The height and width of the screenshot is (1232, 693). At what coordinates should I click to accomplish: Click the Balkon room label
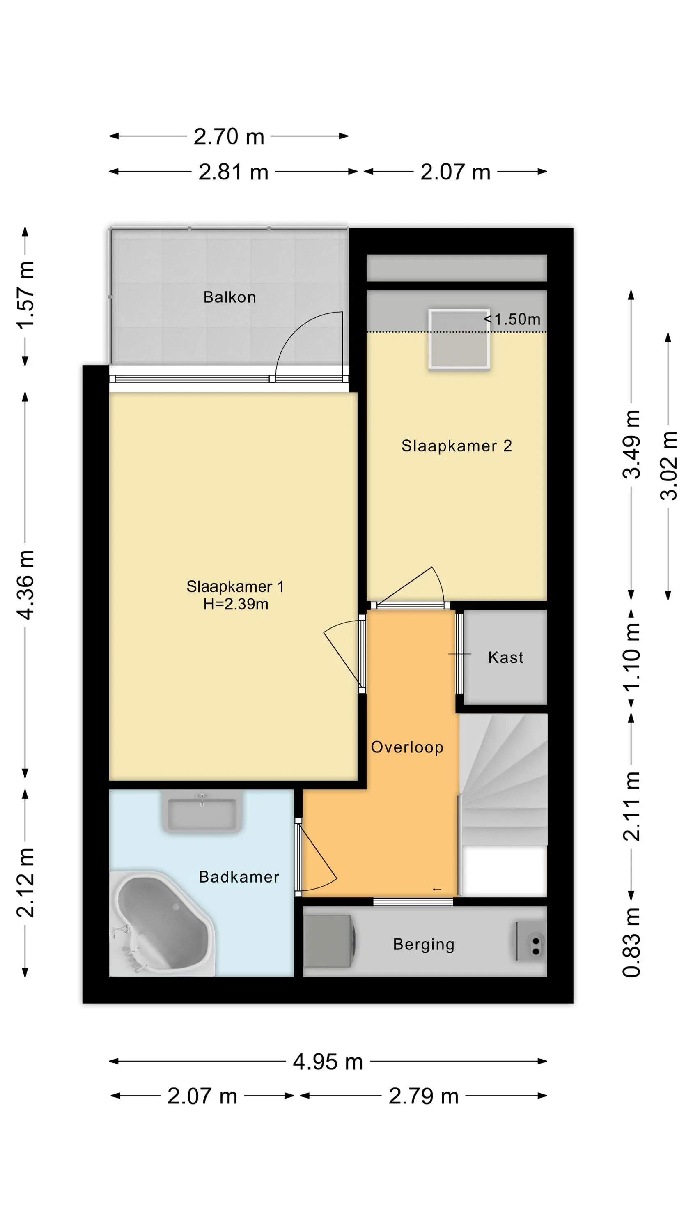pyautogui.click(x=229, y=297)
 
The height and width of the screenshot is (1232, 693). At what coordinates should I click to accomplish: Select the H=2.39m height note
pyautogui.click(x=236, y=604)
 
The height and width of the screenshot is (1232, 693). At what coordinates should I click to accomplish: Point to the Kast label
pyautogui.click(x=505, y=657)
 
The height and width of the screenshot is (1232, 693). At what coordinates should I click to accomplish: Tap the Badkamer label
pyautogui.click(x=239, y=877)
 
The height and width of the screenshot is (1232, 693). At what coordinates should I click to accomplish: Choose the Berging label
pyautogui.click(x=424, y=945)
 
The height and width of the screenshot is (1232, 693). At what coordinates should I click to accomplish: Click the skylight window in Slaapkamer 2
pyautogui.click(x=459, y=340)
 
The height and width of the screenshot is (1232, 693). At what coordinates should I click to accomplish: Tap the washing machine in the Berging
pyautogui.click(x=329, y=941)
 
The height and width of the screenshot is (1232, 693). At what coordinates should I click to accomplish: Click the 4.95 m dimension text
pyautogui.click(x=328, y=1062)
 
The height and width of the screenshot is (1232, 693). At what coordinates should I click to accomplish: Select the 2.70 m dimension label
pyautogui.click(x=229, y=136)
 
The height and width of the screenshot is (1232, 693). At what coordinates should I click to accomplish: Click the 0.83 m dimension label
pyautogui.click(x=631, y=942)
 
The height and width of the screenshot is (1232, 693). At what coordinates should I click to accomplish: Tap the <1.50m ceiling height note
pyautogui.click(x=512, y=319)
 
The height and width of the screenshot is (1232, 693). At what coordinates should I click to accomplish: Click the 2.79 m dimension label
pyautogui.click(x=424, y=1096)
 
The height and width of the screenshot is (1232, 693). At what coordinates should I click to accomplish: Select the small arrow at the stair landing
pyautogui.click(x=437, y=890)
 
